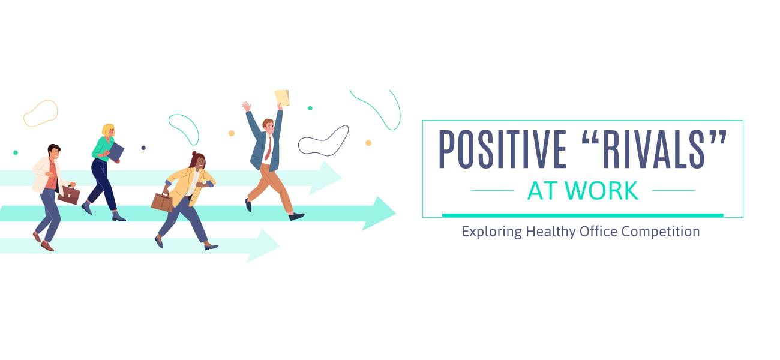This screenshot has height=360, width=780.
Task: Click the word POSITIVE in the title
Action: (x=502, y=149)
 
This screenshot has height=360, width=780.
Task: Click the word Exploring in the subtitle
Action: (x=491, y=232)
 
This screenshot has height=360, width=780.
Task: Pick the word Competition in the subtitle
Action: (x=661, y=232)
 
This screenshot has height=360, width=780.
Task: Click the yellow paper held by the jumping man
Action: (x=282, y=98)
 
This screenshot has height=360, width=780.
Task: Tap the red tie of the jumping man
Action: (x=268, y=148)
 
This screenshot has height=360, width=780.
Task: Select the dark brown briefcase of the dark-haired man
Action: (x=68, y=195)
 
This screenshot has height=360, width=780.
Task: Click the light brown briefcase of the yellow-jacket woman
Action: (x=162, y=202)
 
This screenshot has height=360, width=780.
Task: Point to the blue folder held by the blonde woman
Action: (x=116, y=152)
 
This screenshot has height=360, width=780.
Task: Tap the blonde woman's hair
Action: (x=107, y=130)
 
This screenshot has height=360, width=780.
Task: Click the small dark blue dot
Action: (x=143, y=148)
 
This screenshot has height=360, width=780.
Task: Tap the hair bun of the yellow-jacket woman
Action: (x=194, y=154)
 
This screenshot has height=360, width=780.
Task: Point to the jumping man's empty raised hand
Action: (x=246, y=106)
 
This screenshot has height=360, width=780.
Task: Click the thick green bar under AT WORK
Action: (x=583, y=215)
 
